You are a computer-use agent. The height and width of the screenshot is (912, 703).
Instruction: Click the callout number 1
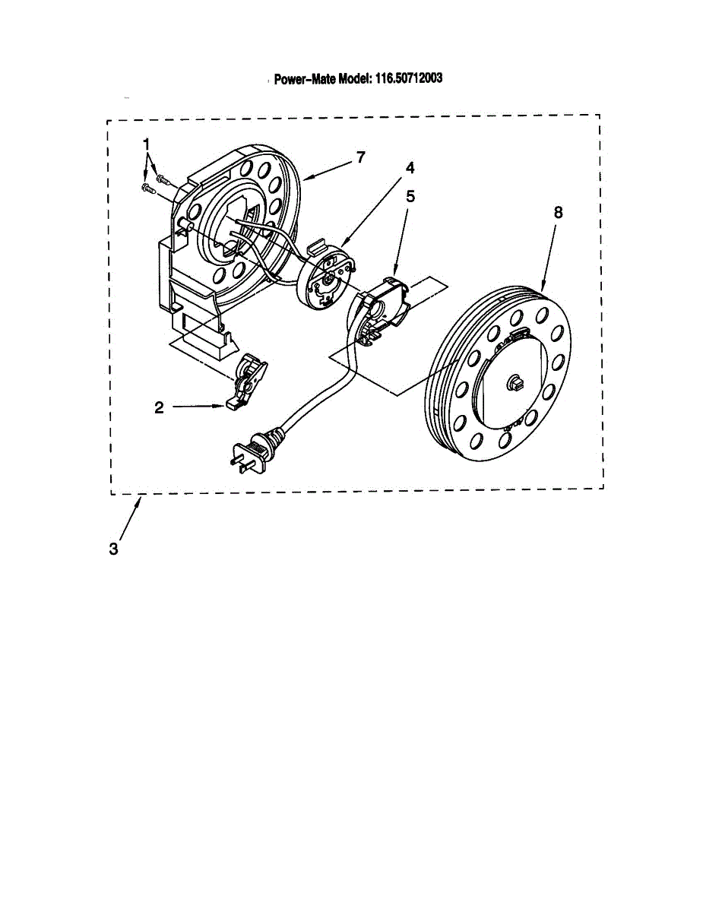pyautogui.click(x=147, y=144)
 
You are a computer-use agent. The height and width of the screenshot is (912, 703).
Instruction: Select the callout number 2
pyautogui.click(x=159, y=407)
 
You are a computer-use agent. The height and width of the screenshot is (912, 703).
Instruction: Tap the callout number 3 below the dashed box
pyautogui.click(x=113, y=549)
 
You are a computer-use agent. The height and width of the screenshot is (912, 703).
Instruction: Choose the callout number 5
pyautogui.click(x=410, y=195)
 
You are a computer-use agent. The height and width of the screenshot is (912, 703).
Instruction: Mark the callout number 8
pyautogui.click(x=558, y=214)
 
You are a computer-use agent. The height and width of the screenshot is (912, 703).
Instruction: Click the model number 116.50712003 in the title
pyautogui.click(x=407, y=78)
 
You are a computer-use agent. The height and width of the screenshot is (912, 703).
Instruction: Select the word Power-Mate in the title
pyautogui.click(x=304, y=78)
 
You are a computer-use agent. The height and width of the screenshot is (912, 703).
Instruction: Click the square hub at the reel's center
pyautogui.click(x=514, y=382)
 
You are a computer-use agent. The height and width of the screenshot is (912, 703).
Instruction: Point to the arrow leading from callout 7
pyautogui.click(x=327, y=169)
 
